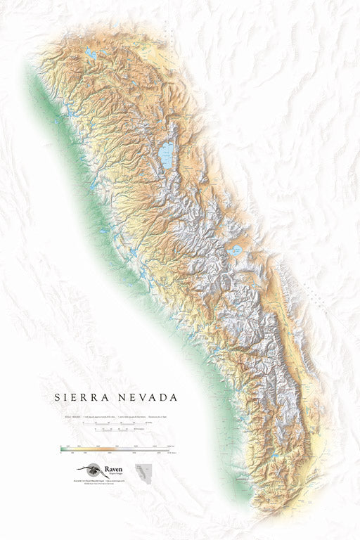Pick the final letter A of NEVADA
pos(174,397)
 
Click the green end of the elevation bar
pos(63,447)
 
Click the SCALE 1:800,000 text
pos(70,416)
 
